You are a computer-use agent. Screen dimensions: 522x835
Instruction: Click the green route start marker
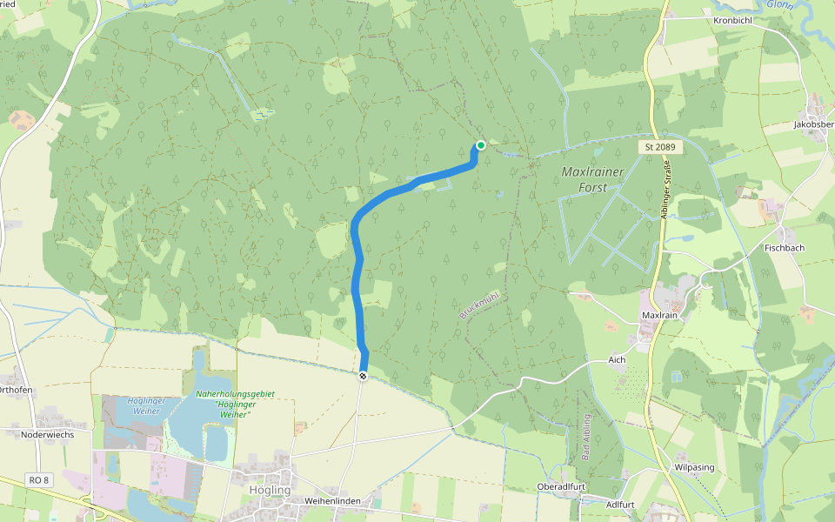tap(481, 145)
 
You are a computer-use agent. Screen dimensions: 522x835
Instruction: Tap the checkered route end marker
tap(363, 375)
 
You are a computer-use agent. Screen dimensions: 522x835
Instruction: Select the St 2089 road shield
tap(661, 148)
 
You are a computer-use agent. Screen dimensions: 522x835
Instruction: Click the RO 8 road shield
tap(37, 479)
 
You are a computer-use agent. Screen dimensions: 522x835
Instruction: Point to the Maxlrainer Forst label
tap(593, 179)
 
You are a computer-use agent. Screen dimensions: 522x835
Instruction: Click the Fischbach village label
tap(785, 248)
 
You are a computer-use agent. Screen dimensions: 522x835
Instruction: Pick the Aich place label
tap(618, 359)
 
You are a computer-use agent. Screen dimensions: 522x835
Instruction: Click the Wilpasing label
tap(694, 467)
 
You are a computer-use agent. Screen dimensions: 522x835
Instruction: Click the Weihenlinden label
tap(332, 501)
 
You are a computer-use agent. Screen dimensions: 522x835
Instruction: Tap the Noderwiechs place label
tap(48, 433)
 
